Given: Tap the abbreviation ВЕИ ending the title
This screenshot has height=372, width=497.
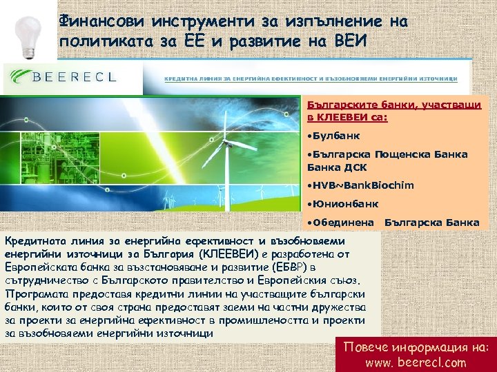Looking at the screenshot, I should click(x=356, y=41).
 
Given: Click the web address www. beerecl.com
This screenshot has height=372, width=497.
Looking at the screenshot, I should click(x=416, y=362).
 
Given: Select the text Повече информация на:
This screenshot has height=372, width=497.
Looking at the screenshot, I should click(x=416, y=346).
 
